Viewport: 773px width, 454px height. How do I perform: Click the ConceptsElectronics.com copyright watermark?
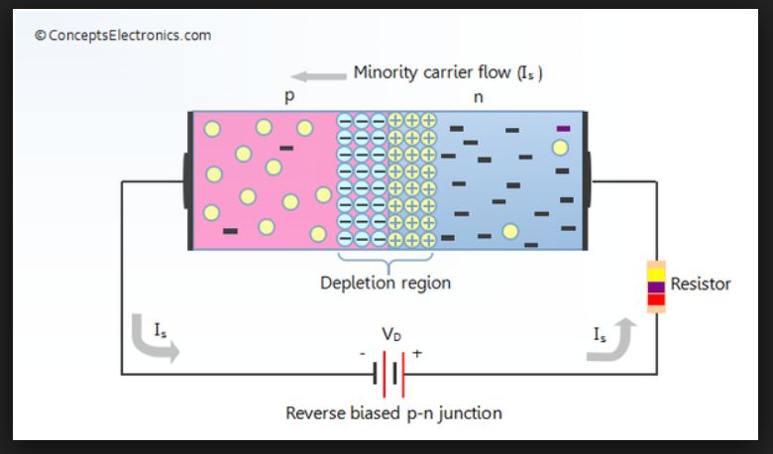point(123,36)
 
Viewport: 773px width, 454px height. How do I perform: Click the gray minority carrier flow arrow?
point(313,73)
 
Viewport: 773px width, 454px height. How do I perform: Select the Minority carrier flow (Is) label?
point(448,72)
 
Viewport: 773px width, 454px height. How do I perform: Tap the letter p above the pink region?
point(289,98)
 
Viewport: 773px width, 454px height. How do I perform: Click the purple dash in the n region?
point(564,128)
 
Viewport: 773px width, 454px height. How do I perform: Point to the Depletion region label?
point(385,283)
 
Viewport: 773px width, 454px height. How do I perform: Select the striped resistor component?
point(656,287)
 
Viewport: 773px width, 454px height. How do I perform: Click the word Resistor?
point(701,284)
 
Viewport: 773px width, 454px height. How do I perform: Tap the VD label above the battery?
point(392,334)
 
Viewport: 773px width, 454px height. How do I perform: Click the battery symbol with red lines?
point(392,374)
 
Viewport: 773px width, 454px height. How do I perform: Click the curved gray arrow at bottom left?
point(154,343)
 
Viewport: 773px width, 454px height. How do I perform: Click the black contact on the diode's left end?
point(188,180)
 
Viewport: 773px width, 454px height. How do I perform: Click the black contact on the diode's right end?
point(585,180)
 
